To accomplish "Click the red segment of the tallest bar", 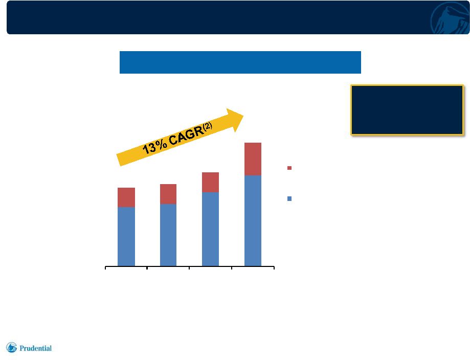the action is (253, 159).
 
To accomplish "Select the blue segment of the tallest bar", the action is (253, 220).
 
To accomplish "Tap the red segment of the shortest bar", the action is (126, 197).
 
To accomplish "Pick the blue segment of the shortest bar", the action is (126, 236).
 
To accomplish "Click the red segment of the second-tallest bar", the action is (210, 182).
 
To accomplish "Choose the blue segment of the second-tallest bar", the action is (210, 229).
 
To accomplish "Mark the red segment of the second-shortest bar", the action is (168, 194).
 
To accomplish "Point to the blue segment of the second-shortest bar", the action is (168, 235).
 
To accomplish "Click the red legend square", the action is (289, 168).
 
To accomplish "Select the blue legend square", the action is (289, 198).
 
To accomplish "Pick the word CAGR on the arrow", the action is (186, 137).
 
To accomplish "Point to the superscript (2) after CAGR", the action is (208, 126).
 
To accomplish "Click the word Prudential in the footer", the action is (35, 348).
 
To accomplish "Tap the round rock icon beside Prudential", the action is (12, 347).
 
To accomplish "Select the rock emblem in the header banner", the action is (450, 18).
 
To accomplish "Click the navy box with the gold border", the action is (407, 110).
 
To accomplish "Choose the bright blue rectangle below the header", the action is (240, 62).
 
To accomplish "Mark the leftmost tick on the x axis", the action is (105, 267).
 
